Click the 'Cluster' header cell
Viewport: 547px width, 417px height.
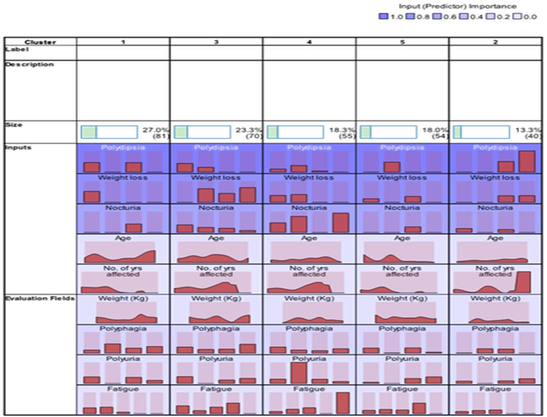[x=40, y=42]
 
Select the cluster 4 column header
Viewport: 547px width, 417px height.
[x=309, y=42]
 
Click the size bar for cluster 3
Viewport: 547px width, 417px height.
[x=202, y=132]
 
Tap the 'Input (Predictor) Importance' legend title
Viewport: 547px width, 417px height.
[x=457, y=6]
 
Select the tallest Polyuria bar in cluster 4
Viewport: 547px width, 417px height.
[x=298, y=373]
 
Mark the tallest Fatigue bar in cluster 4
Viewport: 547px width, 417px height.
[x=343, y=403]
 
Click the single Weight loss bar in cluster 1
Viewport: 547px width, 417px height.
[x=92, y=197]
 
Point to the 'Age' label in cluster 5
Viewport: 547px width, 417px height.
[x=402, y=238]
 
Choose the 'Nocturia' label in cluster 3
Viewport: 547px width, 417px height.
[x=216, y=208]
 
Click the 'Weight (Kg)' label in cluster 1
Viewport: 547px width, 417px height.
[x=123, y=299]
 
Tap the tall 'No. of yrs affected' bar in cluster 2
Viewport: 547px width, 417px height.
[x=524, y=281]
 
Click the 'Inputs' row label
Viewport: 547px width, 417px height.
[x=18, y=147]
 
